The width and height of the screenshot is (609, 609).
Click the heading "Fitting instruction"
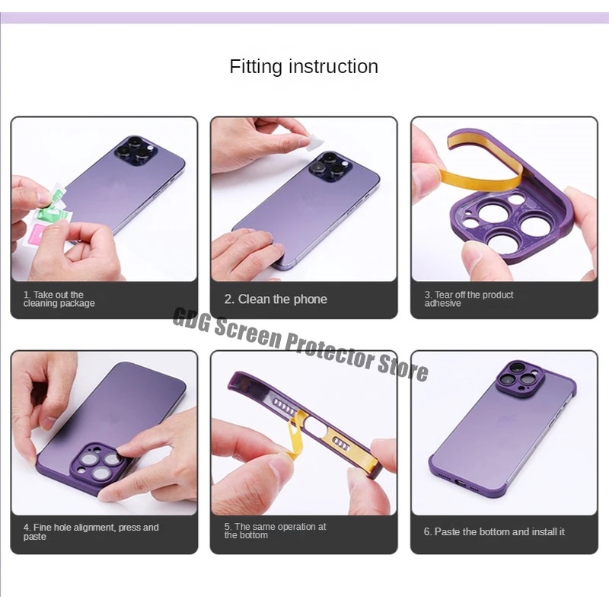coord(304,66)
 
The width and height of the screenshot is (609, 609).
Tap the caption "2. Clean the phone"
coord(276,299)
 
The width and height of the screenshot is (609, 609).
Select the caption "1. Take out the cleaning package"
coord(59,298)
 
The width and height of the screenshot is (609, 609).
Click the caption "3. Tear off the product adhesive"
coord(469,298)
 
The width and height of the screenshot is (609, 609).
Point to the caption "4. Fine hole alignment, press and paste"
coord(91,531)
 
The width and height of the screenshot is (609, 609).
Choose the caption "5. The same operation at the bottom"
coord(275,531)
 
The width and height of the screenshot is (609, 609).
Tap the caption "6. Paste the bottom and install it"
coord(494,531)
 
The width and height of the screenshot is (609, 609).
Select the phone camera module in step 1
coord(136,151)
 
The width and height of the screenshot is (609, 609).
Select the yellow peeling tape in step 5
coord(297,435)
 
